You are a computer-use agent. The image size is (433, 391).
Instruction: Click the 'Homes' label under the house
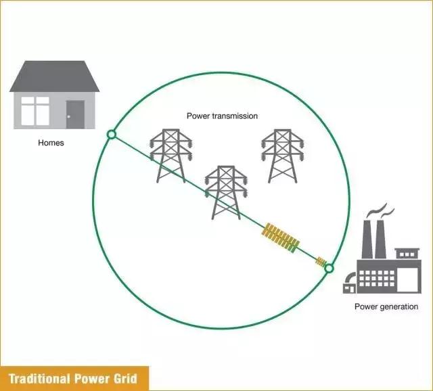pyautogui.click(x=51, y=143)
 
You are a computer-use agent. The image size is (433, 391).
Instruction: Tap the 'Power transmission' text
pyautogui.click(x=222, y=116)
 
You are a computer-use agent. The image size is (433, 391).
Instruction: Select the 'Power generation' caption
pyautogui.click(x=386, y=306)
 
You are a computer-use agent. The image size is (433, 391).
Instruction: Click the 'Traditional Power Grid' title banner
pyautogui.click(x=73, y=377)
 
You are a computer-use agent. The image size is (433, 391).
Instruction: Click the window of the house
pyautogui.click(x=35, y=111)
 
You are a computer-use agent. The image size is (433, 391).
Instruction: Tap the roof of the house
pyautogui.click(x=54, y=76)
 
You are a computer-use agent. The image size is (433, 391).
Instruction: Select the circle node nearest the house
pyautogui.click(x=112, y=135)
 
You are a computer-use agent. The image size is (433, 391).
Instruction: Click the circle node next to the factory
pyautogui.click(x=329, y=269)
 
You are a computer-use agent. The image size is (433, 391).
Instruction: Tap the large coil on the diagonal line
pyautogui.click(x=280, y=237)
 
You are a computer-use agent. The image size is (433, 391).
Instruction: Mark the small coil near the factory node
pyautogui.click(x=321, y=260)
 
